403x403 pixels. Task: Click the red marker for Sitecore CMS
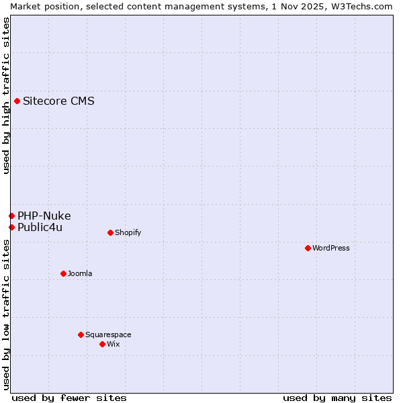point(17,101)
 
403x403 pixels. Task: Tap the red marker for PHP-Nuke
point(11,216)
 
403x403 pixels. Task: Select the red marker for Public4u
point(11,227)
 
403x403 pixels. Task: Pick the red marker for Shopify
point(110,233)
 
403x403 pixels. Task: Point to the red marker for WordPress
point(308,248)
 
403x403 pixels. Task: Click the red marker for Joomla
point(63,273)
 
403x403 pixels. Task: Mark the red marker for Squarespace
point(81,334)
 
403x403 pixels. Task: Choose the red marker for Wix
point(102,344)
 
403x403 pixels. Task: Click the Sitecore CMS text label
point(58,101)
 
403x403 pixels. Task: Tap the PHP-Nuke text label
point(44,216)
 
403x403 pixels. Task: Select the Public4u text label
point(40,227)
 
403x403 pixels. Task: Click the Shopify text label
point(128,233)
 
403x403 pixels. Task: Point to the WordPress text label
point(331,248)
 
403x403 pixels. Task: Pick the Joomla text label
point(80,273)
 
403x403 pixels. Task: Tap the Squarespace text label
point(108,334)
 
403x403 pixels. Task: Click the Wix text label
point(114,344)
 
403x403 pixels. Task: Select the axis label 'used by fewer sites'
point(69,398)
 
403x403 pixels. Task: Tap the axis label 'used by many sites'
point(337,398)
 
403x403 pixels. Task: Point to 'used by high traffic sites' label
point(6,95)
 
